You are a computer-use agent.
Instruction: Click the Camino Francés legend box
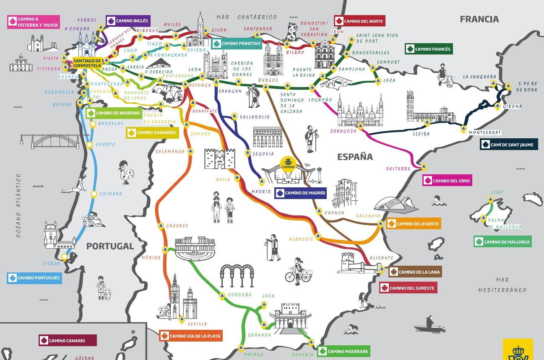click(428, 49)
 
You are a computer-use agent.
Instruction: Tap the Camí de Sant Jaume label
click(509, 145)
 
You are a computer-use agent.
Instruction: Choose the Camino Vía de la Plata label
click(190, 336)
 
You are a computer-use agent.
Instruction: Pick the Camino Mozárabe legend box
click(344, 351)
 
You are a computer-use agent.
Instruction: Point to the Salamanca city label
click(169, 152)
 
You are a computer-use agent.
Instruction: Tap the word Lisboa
click(52, 264)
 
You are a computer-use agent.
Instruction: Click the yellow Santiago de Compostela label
click(87, 63)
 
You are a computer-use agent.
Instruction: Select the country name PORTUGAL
click(110, 246)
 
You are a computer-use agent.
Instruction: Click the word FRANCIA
click(479, 19)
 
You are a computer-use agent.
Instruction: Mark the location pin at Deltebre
click(424, 167)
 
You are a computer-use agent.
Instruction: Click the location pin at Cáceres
click(161, 226)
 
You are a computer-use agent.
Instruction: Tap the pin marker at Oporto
click(89, 145)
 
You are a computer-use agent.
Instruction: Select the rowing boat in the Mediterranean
click(429, 325)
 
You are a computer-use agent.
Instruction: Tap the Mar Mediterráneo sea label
click(502, 285)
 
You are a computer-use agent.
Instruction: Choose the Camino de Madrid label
click(300, 193)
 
